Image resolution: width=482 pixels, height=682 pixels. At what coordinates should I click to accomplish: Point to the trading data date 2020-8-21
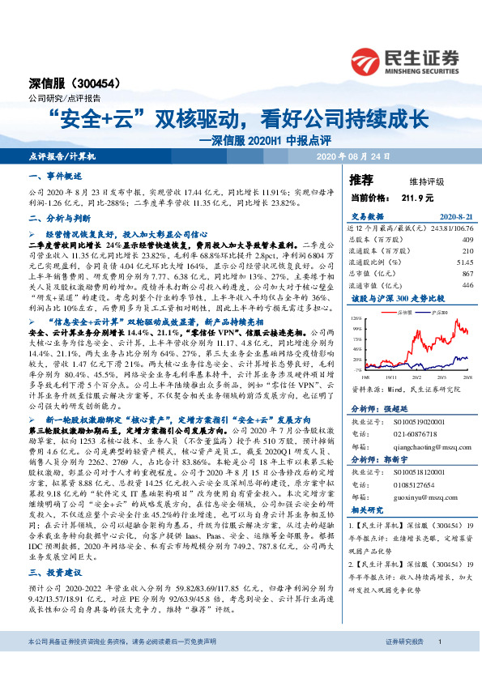453,217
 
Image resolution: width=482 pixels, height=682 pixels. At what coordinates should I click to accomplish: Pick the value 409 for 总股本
466,240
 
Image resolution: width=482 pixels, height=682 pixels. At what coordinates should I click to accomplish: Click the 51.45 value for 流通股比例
463,262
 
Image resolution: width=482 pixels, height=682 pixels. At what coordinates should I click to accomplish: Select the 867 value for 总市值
466,274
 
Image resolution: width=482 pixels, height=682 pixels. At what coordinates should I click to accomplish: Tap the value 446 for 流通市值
466,285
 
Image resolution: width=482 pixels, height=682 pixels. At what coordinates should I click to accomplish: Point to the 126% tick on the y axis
357,319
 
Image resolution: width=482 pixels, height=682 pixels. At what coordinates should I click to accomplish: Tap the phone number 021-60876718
403,434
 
